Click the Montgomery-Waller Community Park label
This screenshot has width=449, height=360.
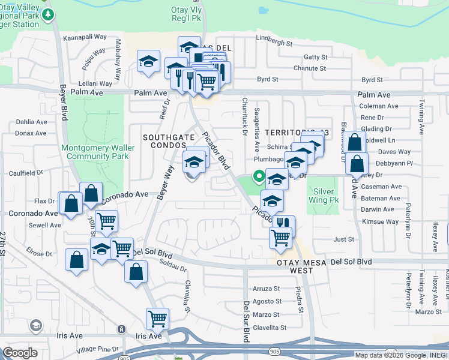(x=95, y=152)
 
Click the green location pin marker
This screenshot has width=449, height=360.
(x=259, y=176)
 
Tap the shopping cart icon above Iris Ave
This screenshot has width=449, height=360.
(x=157, y=318)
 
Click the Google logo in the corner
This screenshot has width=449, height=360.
(x=20, y=353)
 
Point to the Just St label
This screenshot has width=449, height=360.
(x=344, y=239)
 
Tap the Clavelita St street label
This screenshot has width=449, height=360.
(x=269, y=328)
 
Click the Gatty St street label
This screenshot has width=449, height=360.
(x=315, y=57)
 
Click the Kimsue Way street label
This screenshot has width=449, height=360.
(x=380, y=221)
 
